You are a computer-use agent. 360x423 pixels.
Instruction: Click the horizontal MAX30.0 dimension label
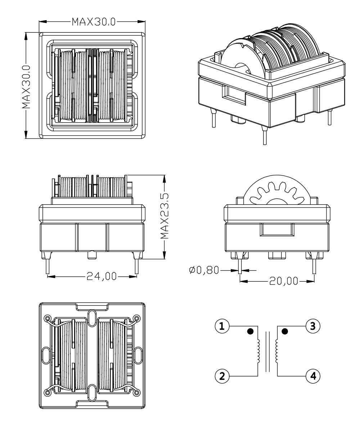click(x=93, y=22)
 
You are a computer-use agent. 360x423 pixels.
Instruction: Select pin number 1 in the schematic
click(x=222, y=326)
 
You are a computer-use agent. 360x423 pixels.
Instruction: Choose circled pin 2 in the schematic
click(x=222, y=376)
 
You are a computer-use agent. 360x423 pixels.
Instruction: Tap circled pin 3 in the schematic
click(x=312, y=326)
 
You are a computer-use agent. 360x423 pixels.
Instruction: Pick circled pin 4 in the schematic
click(x=312, y=376)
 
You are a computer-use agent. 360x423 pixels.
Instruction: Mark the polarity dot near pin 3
click(x=285, y=331)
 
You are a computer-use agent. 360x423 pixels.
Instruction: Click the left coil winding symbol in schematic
click(x=258, y=351)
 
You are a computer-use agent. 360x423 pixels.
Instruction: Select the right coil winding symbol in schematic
click(x=277, y=351)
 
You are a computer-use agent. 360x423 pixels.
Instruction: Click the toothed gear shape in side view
click(x=276, y=192)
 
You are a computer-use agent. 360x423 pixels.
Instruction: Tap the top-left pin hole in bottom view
click(x=48, y=318)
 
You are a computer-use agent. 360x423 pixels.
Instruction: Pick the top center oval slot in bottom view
click(x=92, y=318)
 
